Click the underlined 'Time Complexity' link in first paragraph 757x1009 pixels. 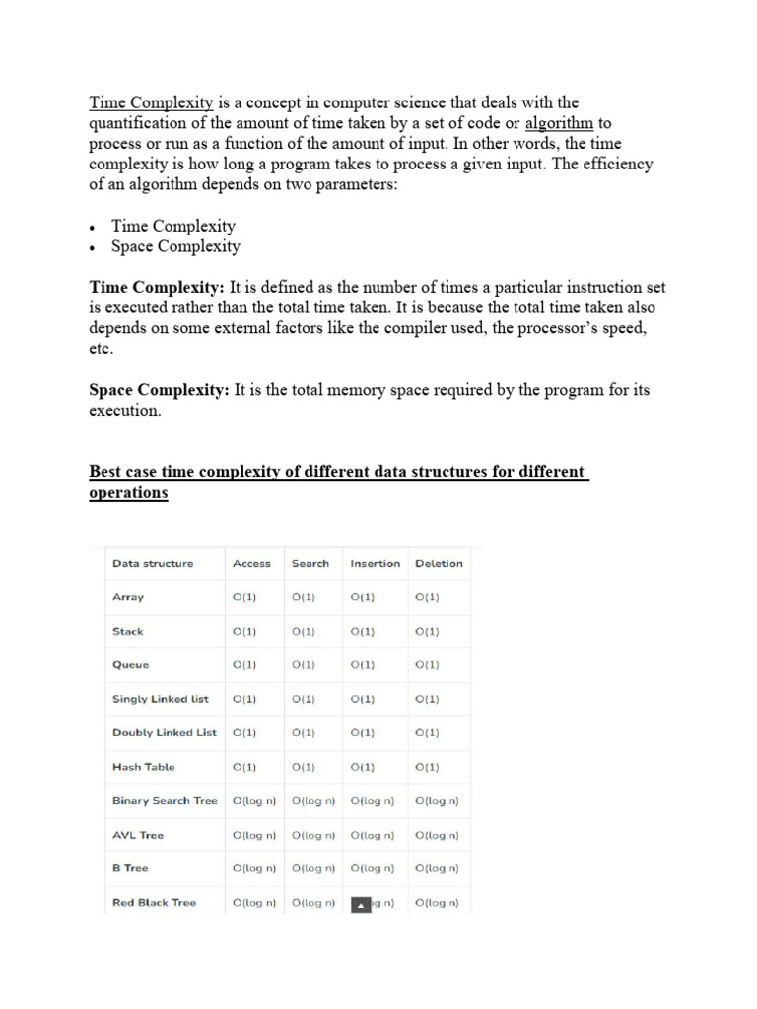coord(151,102)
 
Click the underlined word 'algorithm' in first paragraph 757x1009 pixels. coord(559,123)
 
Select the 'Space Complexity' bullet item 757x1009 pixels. coord(175,246)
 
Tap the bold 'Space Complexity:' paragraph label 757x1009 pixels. coord(159,390)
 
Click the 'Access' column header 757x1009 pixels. coord(251,564)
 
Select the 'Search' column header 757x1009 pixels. coord(310,564)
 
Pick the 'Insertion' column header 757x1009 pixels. coord(376,564)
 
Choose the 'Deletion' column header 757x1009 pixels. coord(439,564)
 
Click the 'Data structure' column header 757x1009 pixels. coord(153,564)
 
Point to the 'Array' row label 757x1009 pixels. coord(128,597)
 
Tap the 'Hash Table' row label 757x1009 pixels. coord(144,767)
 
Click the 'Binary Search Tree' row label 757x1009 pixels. coord(165,801)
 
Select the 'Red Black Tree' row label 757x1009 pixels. coord(154,903)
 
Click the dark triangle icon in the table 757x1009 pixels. coord(361,904)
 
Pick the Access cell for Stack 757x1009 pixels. coord(244,632)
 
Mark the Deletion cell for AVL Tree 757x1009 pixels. coord(438,836)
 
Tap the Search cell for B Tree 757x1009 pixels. coord(313,869)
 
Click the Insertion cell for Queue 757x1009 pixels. coord(363,665)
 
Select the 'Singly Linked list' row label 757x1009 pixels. coord(161,700)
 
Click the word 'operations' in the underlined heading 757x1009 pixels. coord(128,492)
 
